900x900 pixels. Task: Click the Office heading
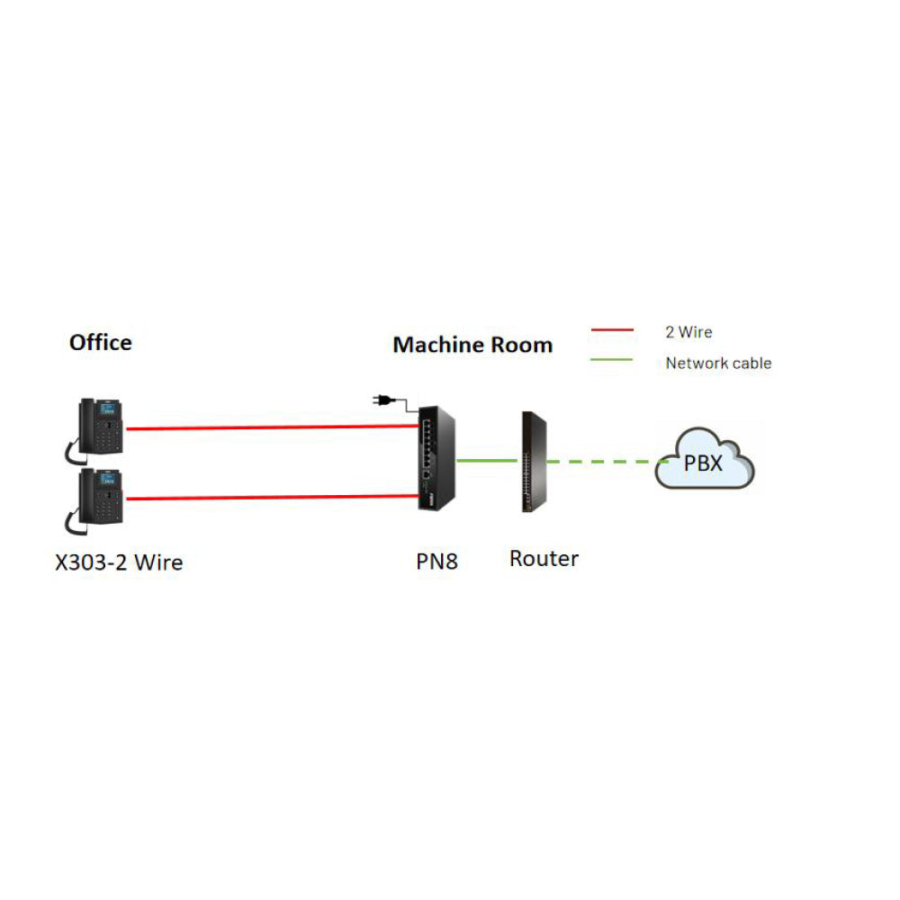pos(101,343)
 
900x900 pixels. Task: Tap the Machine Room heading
pos(472,345)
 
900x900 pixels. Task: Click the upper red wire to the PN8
pos(272,427)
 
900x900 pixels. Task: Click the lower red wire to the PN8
pos(272,498)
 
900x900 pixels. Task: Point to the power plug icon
pos(383,400)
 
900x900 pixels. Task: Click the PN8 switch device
pos(436,458)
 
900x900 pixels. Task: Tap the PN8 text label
pos(436,562)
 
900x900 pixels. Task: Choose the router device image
pos(534,462)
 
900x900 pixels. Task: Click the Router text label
pos(544,559)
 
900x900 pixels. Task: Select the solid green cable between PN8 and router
pos(487,460)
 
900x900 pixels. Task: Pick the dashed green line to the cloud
pos(607,462)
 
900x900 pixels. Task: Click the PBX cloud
pos(705,460)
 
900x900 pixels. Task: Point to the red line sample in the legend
pos(612,330)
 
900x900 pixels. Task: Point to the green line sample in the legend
pos(612,360)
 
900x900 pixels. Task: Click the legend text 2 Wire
pos(688,332)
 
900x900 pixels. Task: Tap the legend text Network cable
pos(718,364)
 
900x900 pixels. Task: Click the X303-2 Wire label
pos(119,562)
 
